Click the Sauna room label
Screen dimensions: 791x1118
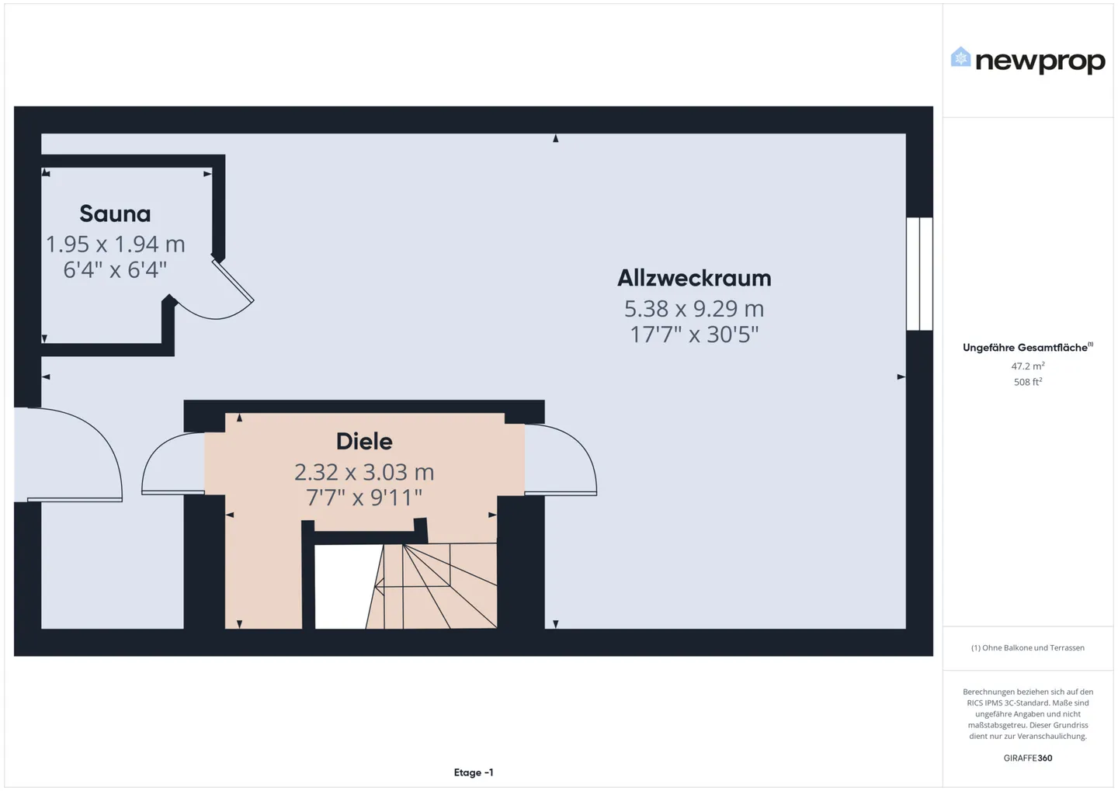[x=115, y=213]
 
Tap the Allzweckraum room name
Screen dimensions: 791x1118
[x=694, y=278]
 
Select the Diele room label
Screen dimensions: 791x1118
[x=364, y=442]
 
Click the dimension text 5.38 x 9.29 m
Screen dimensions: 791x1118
[x=694, y=308]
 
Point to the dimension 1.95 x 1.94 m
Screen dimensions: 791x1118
[x=115, y=244]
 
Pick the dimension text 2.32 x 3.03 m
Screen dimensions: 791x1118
[x=364, y=472]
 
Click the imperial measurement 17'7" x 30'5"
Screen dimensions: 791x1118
[x=694, y=335]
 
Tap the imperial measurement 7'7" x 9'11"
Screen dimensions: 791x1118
[x=364, y=498]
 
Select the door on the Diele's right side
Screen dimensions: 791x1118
[x=561, y=462]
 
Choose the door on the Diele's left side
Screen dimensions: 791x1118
[x=172, y=464]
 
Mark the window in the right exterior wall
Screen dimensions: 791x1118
[x=919, y=274]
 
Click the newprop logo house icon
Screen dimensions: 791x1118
[x=960, y=57]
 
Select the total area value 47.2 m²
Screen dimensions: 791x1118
[x=1027, y=366]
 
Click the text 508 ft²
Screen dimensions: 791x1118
[x=1027, y=382]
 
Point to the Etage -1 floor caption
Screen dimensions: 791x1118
[x=474, y=772]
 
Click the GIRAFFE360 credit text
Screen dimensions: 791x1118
[x=1027, y=758]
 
